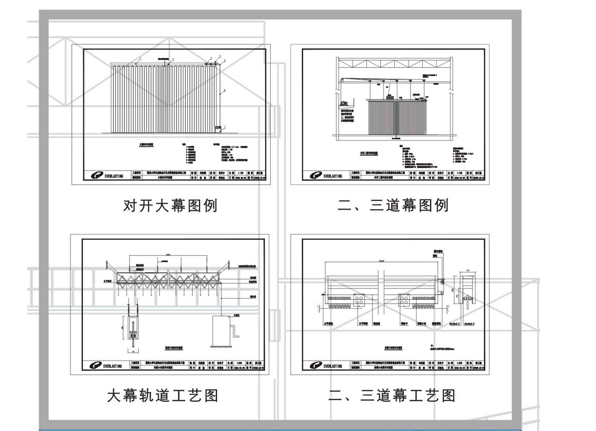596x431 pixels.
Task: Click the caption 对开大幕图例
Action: tap(170, 206)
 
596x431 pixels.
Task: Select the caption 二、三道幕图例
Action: tap(393, 205)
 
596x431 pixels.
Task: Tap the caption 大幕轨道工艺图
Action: tap(163, 396)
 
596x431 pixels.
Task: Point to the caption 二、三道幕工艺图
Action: tap(392, 395)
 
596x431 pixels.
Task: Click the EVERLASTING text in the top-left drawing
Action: tap(114, 176)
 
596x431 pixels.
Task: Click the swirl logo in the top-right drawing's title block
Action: tap(315, 175)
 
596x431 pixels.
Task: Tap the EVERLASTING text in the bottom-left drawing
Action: tap(112, 366)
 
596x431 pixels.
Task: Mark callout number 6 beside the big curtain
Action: tap(225, 90)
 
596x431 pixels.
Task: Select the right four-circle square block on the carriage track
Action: tap(404, 300)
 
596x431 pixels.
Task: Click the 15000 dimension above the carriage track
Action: tap(381, 261)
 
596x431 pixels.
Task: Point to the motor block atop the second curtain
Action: tap(390, 97)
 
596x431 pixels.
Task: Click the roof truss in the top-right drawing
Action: tap(394, 64)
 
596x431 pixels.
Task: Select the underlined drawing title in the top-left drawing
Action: tap(146, 145)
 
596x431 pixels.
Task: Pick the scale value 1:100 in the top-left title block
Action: tap(240, 173)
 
